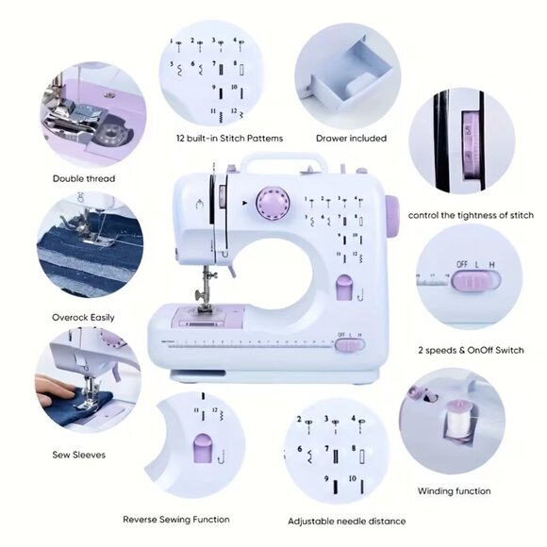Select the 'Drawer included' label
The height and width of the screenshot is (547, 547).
click(x=351, y=138)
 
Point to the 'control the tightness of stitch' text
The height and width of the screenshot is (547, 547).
click(x=471, y=215)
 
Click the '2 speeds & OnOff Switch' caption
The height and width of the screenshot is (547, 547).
click(x=471, y=350)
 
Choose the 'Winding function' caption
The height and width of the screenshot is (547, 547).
click(x=455, y=490)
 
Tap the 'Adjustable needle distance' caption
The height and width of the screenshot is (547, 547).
click(x=347, y=521)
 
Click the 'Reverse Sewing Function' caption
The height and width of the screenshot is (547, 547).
click(x=176, y=519)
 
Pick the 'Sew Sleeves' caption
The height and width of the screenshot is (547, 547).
click(x=78, y=455)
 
